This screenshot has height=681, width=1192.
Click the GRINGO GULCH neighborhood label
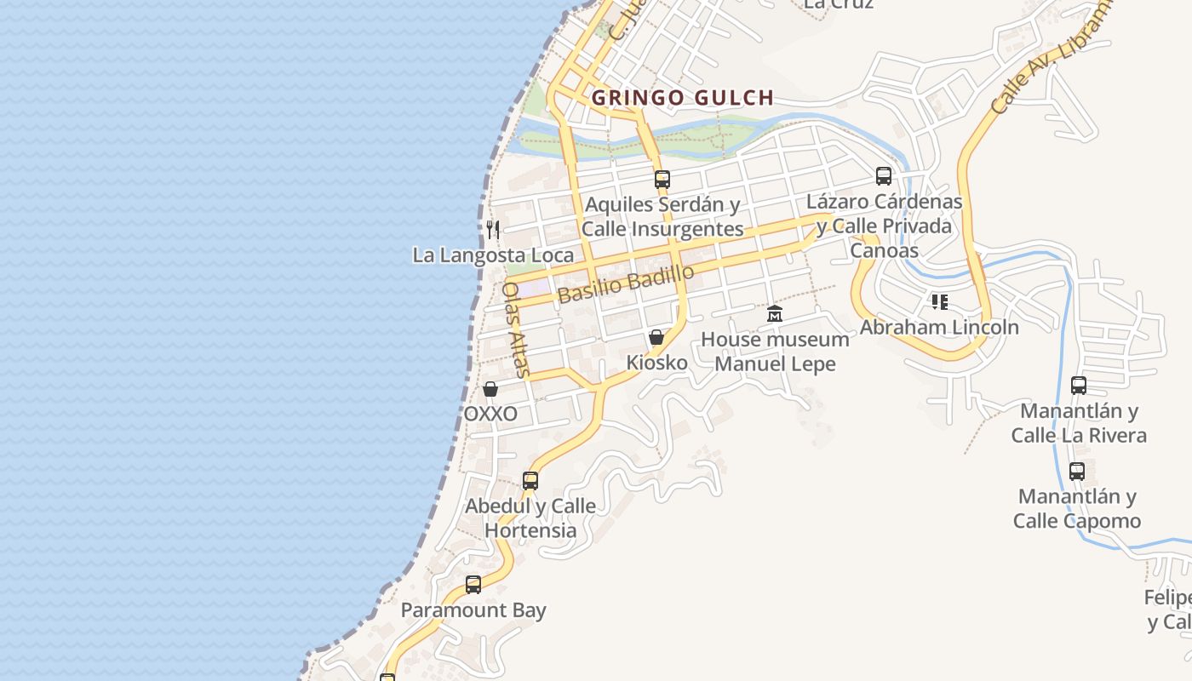pyautogui.click(x=682, y=98)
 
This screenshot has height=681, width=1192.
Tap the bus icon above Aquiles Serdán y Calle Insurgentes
pyautogui.click(x=662, y=180)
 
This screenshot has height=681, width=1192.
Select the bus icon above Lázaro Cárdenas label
pyautogui.click(x=884, y=176)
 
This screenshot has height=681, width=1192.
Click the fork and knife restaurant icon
pyautogui.click(x=493, y=229)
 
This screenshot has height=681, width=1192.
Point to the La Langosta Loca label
pyautogui.click(x=493, y=255)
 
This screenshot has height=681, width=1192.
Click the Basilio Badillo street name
pyautogui.click(x=626, y=283)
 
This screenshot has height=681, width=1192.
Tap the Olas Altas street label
pyautogui.click(x=516, y=329)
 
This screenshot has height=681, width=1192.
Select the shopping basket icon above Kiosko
pyautogui.click(x=656, y=337)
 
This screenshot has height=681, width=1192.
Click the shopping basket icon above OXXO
pyautogui.click(x=490, y=389)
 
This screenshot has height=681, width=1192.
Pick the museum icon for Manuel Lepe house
pyautogui.click(x=775, y=314)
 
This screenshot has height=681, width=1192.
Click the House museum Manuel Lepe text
pyautogui.click(x=775, y=352)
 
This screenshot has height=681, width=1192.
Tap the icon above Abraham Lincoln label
pyautogui.click(x=940, y=301)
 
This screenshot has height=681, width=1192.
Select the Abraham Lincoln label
pyautogui.click(x=939, y=327)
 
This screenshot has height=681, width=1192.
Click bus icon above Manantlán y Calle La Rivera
pyautogui.click(x=1079, y=386)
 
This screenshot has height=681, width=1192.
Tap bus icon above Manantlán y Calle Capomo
pyautogui.click(x=1077, y=471)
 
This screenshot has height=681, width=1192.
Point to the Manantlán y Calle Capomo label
pyautogui.click(x=1077, y=508)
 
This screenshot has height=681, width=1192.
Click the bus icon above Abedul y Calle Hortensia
pyautogui.click(x=530, y=480)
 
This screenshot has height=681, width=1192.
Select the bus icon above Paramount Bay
pyautogui.click(x=473, y=585)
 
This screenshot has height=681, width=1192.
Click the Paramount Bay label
pyautogui.click(x=473, y=610)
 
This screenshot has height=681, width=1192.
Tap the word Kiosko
pyautogui.click(x=656, y=363)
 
